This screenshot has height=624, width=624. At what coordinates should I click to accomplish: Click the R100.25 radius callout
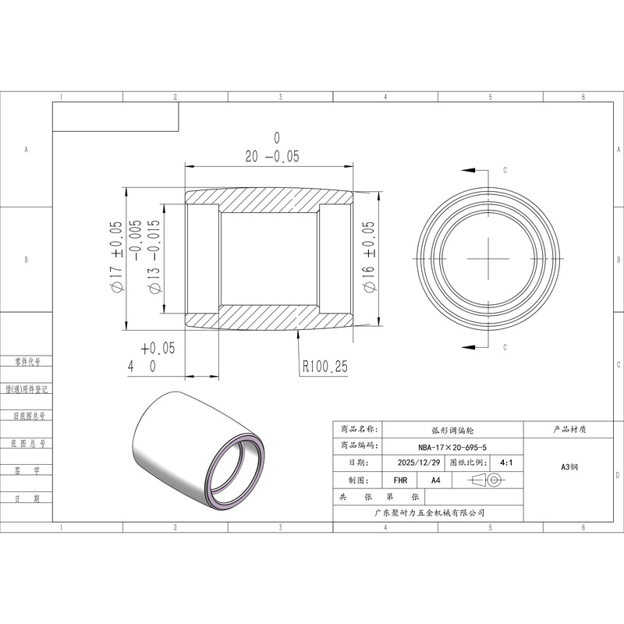click(x=325, y=366)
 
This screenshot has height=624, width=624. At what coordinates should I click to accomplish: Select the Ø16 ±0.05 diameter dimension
click(x=369, y=257)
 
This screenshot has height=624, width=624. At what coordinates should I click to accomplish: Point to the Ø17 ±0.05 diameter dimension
click(x=115, y=257)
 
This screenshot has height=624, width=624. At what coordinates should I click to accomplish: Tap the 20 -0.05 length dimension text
click(x=271, y=157)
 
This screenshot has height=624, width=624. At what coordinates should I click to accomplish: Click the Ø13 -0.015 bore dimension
click(x=154, y=257)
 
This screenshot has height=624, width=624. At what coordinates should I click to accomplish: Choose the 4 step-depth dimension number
click(x=131, y=367)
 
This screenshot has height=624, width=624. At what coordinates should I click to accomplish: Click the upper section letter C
click(x=505, y=170)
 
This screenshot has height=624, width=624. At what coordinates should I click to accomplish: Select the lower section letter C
click(x=505, y=347)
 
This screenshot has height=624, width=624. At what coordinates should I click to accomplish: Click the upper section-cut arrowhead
click(x=469, y=170)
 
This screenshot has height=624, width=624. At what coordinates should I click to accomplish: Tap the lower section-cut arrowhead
click(x=469, y=347)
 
